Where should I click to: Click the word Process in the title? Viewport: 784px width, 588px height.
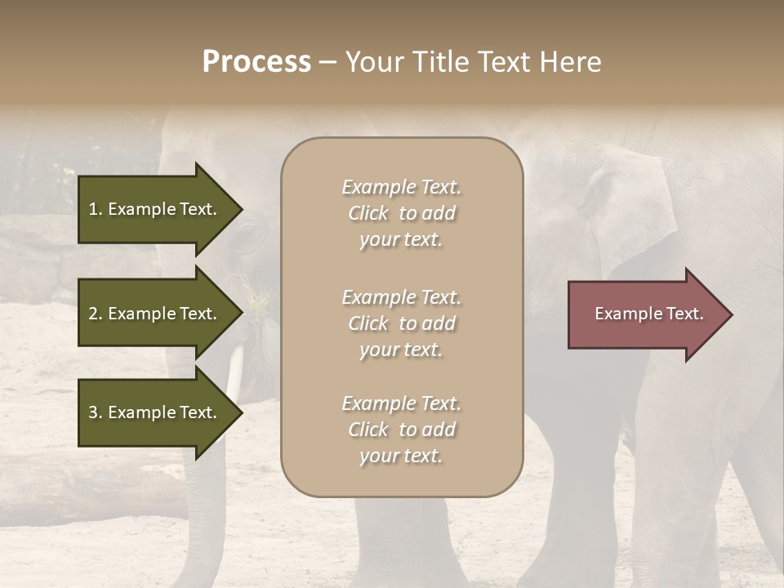(x=256, y=62)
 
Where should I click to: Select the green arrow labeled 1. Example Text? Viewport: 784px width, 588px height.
(x=155, y=209)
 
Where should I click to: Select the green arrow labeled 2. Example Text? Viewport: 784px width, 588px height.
(x=155, y=314)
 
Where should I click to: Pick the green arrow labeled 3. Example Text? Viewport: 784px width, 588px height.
(x=155, y=412)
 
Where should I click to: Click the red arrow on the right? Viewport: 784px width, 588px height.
(x=645, y=314)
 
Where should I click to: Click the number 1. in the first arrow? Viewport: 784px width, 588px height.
(x=96, y=209)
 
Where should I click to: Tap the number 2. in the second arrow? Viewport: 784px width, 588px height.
(x=96, y=314)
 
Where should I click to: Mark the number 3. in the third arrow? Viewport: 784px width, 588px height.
(x=96, y=412)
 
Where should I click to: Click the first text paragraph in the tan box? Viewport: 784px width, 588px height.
(x=401, y=213)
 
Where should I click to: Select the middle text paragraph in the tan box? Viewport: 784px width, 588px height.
(x=401, y=323)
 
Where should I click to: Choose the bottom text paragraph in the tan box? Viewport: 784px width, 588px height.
(x=401, y=430)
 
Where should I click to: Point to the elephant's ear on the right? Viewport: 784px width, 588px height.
(x=633, y=204)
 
